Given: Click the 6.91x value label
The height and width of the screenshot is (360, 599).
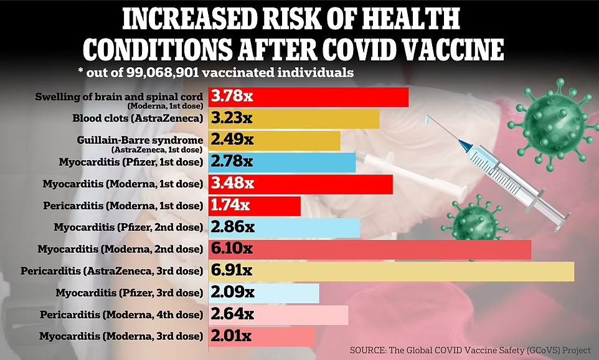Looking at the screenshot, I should pos(232,272).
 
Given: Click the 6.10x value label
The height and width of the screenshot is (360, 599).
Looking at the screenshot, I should pos(232,249).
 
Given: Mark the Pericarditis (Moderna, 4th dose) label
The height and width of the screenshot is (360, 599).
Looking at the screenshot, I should pos(121,315).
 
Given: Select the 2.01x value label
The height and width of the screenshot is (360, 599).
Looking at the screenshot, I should pos(231,337).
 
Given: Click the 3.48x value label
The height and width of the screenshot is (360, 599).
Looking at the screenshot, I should pos(232,184).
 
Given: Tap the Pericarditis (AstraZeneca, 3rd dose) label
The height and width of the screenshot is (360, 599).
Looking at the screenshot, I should pos(112,271).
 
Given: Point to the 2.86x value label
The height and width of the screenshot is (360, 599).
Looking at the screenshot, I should pos(232,228).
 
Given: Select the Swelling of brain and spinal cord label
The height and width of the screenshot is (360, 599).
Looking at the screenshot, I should pos(119,97).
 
